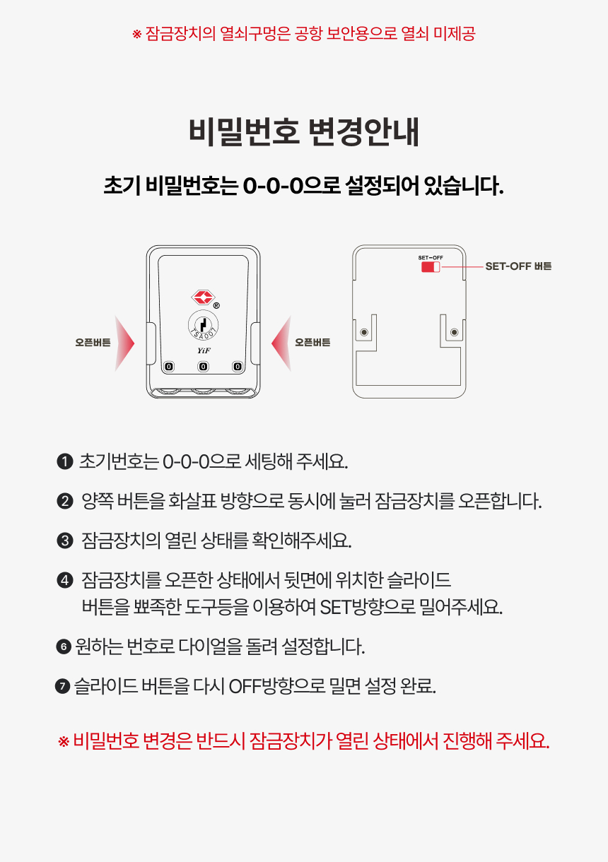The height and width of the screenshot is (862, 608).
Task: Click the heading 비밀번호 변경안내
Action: tap(303, 132)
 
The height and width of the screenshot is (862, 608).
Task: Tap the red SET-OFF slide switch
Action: tap(431, 267)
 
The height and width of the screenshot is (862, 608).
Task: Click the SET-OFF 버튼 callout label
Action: tap(518, 266)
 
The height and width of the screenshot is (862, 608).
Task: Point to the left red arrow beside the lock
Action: tap(124, 343)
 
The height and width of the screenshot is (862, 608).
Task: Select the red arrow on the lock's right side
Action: tap(281, 343)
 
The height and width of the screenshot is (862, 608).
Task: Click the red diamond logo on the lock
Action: tap(203, 297)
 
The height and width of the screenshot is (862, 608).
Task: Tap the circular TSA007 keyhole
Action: tap(204, 325)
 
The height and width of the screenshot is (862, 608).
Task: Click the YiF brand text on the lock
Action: tap(204, 350)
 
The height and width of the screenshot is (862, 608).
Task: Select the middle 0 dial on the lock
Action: tap(204, 366)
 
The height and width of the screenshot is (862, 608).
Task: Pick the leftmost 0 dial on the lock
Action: tap(169, 366)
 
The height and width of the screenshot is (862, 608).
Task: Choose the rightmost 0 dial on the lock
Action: tap(238, 366)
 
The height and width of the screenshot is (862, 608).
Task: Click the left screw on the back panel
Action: tap(364, 332)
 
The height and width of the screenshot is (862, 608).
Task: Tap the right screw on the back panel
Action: tap(455, 332)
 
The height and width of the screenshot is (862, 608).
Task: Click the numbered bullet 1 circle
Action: tap(65, 461)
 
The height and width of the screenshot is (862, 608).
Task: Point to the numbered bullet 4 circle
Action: tap(65, 580)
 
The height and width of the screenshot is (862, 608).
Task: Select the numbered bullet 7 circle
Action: tap(62, 686)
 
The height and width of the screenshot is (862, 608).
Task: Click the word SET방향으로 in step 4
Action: tap(368, 607)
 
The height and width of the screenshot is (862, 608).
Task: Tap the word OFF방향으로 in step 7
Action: tap(277, 686)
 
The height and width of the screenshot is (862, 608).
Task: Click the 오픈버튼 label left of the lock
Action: tap(93, 343)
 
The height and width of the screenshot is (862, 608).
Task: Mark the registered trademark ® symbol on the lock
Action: tap(216, 305)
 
